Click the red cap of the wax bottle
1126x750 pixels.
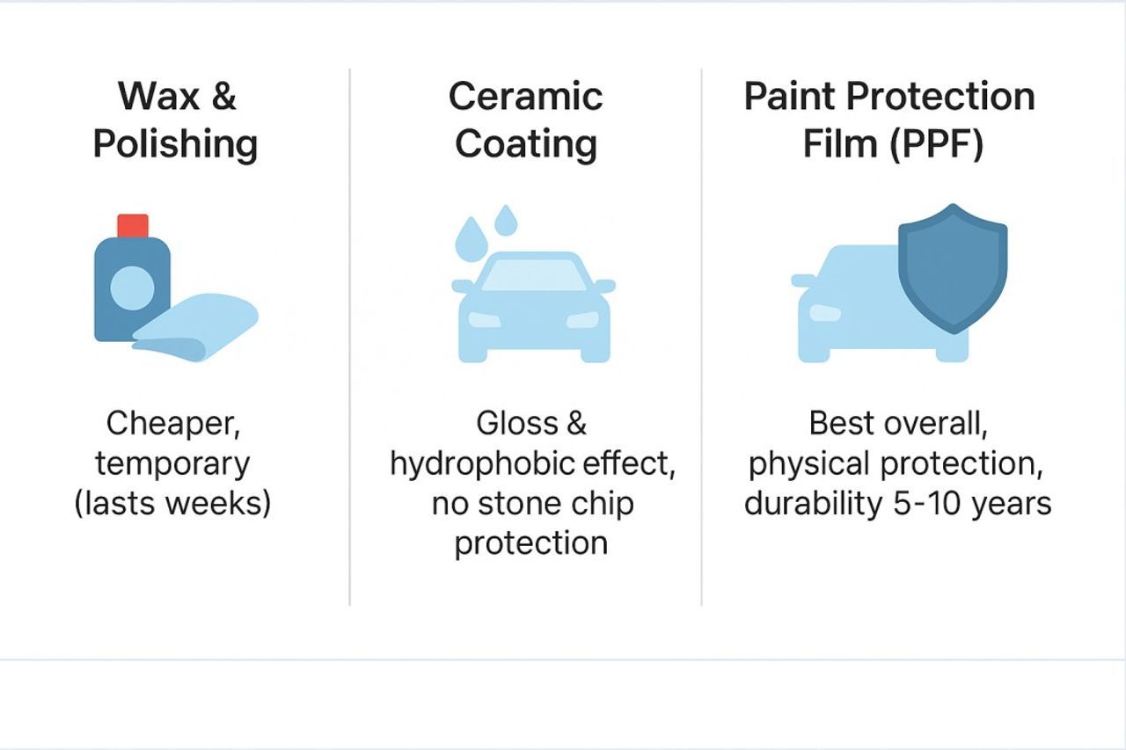[133, 226]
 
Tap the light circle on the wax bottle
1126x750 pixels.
[132, 288]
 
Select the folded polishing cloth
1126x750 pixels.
[195, 327]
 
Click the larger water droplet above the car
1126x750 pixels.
[471, 239]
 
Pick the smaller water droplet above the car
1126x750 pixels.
[506, 220]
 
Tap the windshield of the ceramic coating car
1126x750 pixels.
[533, 275]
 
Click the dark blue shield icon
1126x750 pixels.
[953, 269]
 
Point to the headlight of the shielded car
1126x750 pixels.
[825, 313]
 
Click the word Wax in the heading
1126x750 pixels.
[158, 96]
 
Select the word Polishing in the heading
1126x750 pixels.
[175, 145]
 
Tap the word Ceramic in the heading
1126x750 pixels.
[525, 96]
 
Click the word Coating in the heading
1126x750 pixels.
[526, 145]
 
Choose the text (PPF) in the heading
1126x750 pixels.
[937, 144]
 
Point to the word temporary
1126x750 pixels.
[172, 464]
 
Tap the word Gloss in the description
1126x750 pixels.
[517, 423]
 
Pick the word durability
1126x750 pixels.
[813, 504]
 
